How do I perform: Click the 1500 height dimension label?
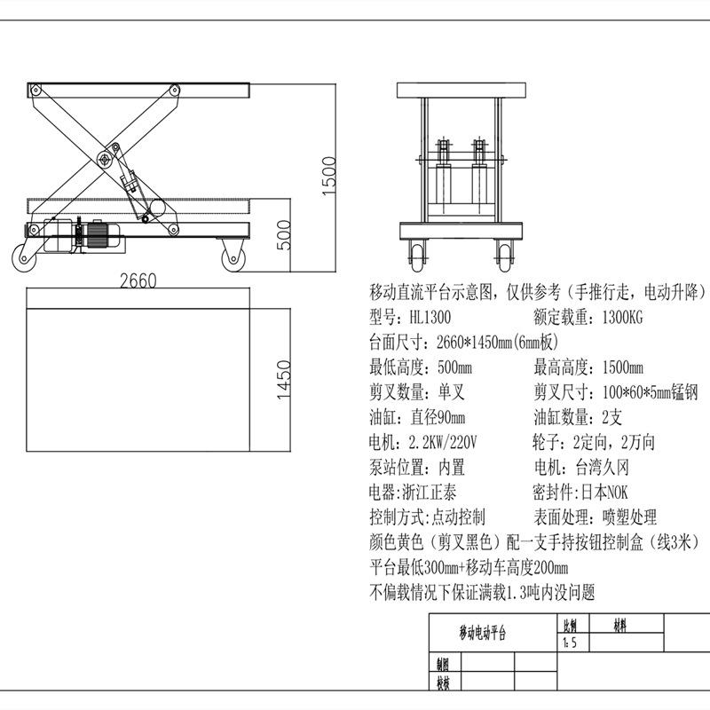pyautogui.click(x=329, y=176)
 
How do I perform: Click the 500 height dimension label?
pyautogui.click(x=284, y=235)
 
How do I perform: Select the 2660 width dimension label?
pyautogui.click(x=138, y=280)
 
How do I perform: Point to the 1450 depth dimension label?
pyautogui.click(x=284, y=380)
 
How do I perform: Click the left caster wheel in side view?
pyautogui.click(x=24, y=258)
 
